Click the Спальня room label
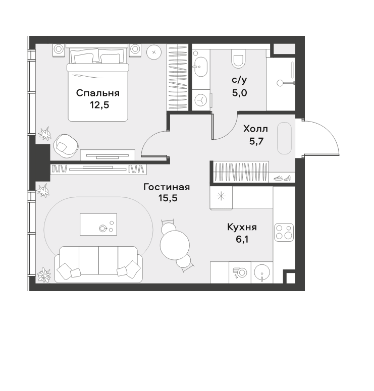98,93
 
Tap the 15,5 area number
168,198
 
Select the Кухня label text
242,227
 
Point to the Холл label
256,129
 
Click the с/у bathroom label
239,80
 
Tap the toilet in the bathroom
238,58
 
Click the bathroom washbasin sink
200,67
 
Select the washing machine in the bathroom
201,100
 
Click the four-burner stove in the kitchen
284,232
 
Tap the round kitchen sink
262,272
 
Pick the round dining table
175,245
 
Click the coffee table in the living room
98,224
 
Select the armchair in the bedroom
66,146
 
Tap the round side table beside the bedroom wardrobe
154,52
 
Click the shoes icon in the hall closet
282,178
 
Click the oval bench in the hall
285,138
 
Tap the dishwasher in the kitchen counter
240,272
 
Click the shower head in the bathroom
280,83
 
